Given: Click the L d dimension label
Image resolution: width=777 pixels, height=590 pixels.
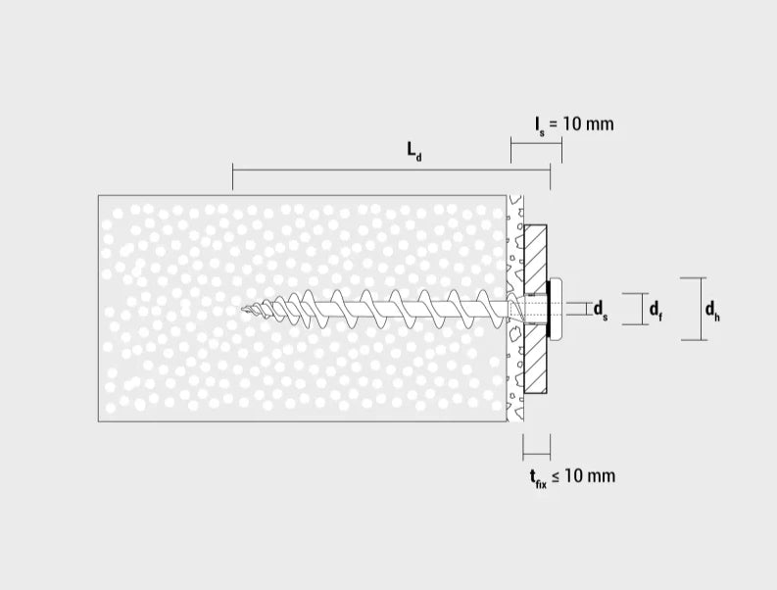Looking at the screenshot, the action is (x=414, y=151).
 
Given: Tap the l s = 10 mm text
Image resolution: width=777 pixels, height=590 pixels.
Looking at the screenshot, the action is (x=574, y=124).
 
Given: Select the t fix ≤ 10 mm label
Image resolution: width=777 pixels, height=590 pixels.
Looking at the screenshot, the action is (x=572, y=477).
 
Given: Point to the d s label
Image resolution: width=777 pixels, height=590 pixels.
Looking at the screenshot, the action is (x=601, y=310).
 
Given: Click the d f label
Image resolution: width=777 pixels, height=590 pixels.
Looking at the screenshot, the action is (x=656, y=310).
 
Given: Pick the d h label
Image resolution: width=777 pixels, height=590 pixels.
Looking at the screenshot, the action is (x=712, y=310).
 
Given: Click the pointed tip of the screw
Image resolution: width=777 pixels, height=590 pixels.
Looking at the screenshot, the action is (x=243, y=310).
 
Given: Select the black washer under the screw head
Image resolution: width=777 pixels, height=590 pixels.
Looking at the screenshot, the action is (x=548, y=309).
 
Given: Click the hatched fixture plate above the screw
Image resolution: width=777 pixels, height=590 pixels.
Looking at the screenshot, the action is (x=535, y=258).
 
